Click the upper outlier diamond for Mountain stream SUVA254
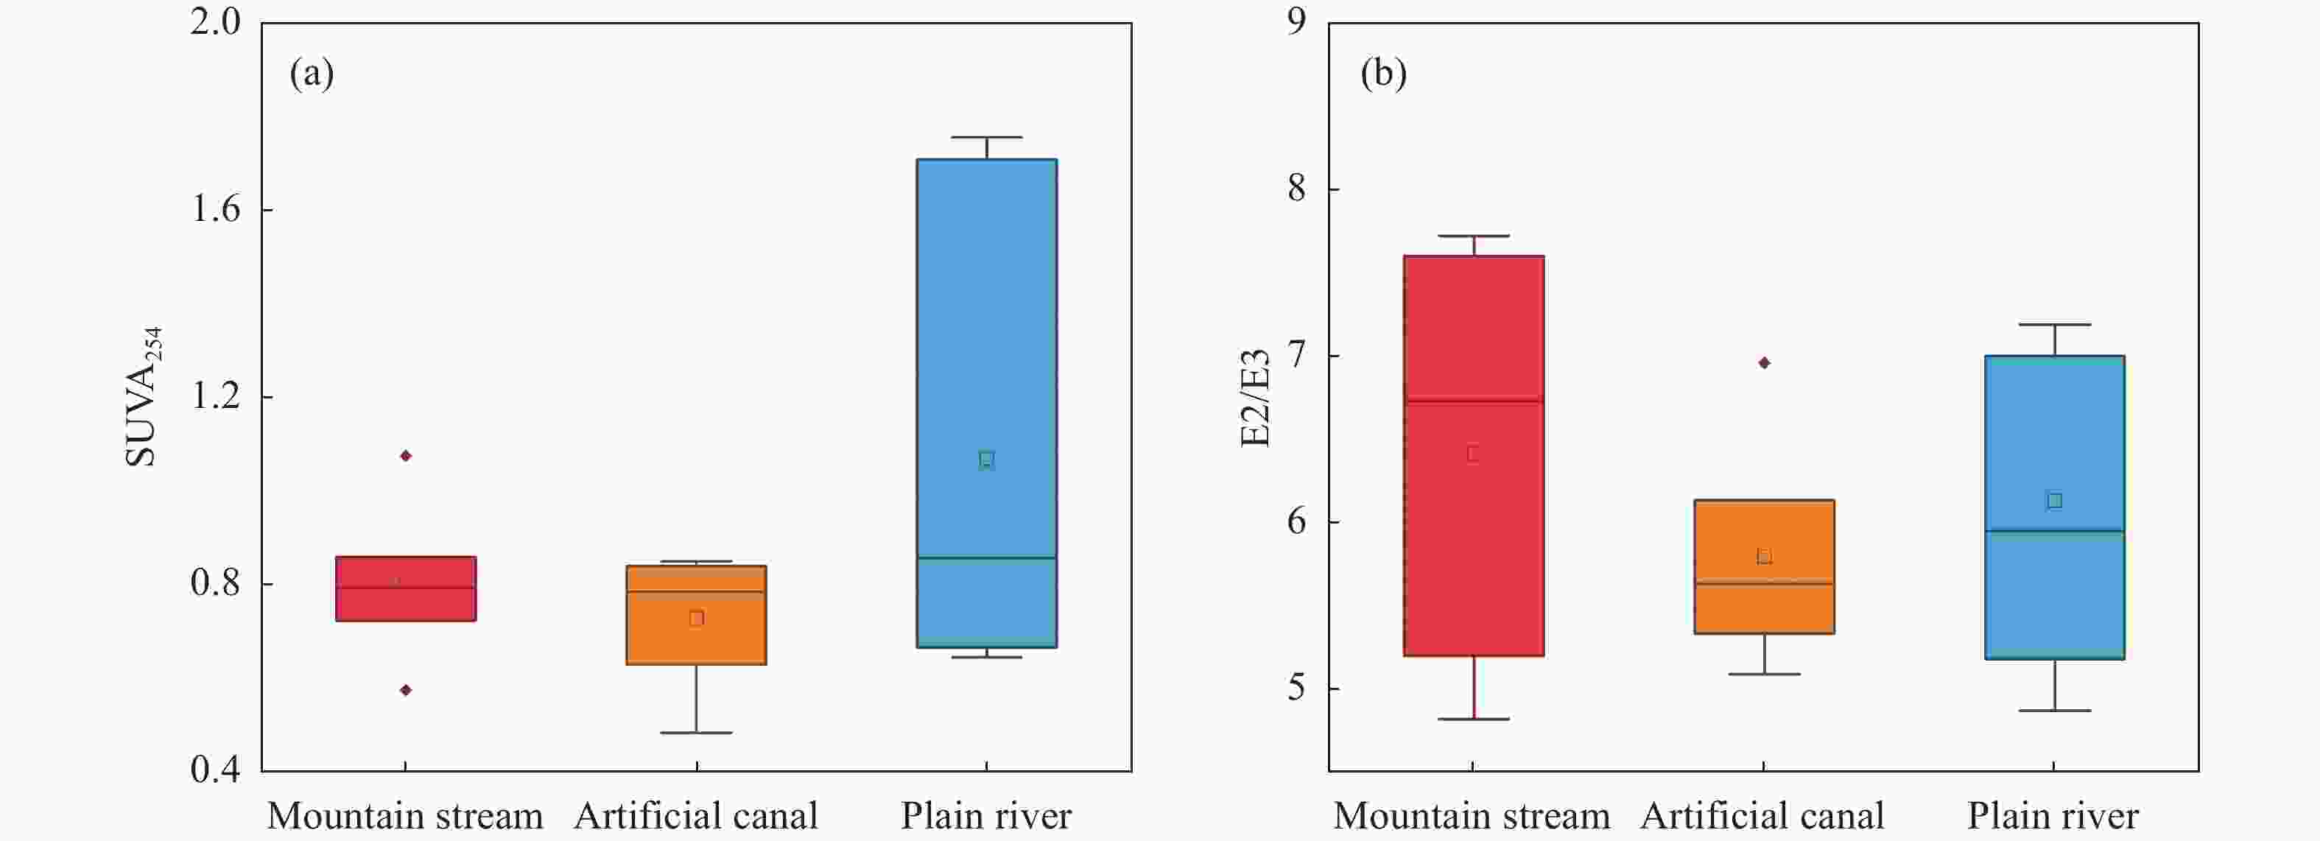point(406,456)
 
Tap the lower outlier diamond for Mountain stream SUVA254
point(406,691)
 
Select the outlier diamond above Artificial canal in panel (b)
point(1765,363)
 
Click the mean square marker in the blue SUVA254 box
point(986,460)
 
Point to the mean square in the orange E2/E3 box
point(1765,557)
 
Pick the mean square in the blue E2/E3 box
point(2054,501)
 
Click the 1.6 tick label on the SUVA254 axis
point(216,209)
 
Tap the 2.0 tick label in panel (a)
point(216,21)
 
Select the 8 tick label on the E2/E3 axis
point(1296,189)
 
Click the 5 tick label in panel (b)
point(1296,689)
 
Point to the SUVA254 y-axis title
point(142,396)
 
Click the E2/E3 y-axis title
point(1256,396)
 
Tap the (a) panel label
point(312,74)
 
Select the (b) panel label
point(1383,74)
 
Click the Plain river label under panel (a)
point(986,816)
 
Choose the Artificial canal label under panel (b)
point(1762,816)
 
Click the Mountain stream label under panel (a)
point(405,816)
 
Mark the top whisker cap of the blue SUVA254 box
point(986,138)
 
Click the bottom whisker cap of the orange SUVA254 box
point(696,733)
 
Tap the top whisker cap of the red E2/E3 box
point(1474,236)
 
